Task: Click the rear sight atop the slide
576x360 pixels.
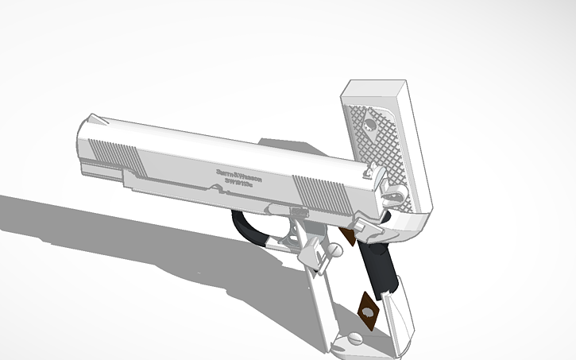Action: [x=368, y=166]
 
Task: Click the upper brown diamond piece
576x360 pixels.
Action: [x=347, y=234]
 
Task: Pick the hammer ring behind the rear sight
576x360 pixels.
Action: [x=390, y=190]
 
